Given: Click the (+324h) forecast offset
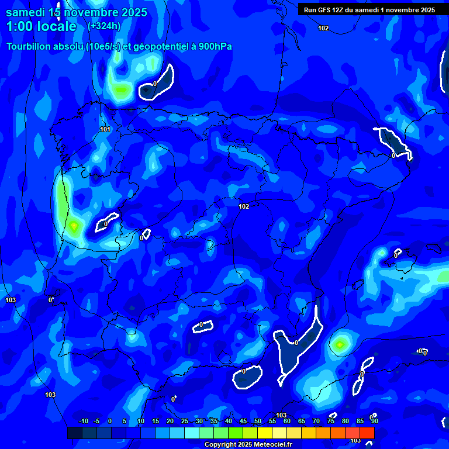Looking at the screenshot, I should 103,26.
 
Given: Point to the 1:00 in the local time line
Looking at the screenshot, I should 18,26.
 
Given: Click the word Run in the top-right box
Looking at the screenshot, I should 310,10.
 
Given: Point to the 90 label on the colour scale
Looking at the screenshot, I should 374,421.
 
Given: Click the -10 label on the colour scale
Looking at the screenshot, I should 83,421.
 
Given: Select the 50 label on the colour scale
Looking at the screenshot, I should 257,421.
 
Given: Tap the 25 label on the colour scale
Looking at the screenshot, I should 184,421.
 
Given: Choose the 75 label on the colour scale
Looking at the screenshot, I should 331,421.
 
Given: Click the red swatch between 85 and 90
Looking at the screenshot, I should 367,433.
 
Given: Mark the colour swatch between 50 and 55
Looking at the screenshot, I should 265,433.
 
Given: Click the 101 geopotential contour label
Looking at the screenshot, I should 105,129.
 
